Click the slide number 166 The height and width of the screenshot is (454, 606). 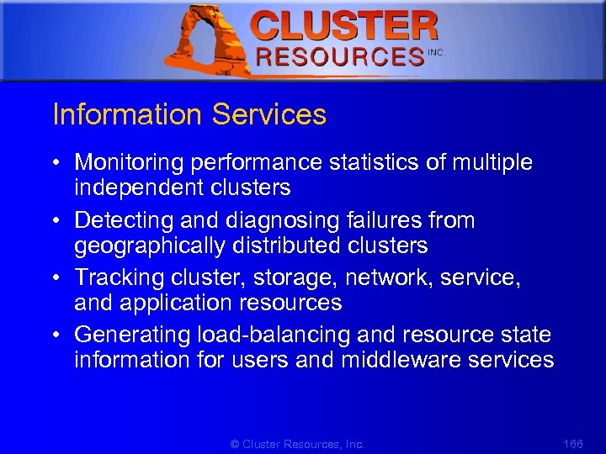tap(572, 443)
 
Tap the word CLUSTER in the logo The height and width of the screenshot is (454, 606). tap(344, 25)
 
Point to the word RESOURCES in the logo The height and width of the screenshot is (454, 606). tap(340, 57)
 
